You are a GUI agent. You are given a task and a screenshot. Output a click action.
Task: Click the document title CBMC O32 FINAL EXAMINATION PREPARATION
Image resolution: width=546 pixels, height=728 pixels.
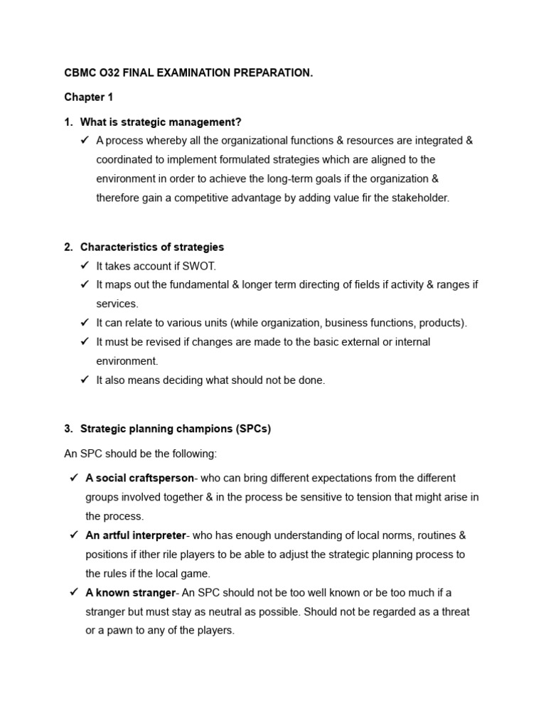(x=188, y=73)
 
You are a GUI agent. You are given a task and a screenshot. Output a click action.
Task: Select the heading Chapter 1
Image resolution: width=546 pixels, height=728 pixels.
(x=88, y=97)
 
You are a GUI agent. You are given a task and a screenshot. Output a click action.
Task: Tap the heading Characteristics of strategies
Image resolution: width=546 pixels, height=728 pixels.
(x=151, y=247)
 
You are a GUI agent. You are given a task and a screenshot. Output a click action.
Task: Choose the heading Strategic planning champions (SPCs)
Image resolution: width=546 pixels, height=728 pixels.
(x=176, y=429)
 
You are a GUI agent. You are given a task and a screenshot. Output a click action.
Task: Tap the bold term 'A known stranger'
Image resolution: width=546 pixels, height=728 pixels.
(x=130, y=592)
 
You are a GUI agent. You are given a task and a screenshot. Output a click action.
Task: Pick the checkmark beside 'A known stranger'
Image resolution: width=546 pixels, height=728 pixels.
(x=74, y=592)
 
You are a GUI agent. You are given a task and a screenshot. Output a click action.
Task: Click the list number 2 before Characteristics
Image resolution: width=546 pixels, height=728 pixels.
(x=68, y=247)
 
